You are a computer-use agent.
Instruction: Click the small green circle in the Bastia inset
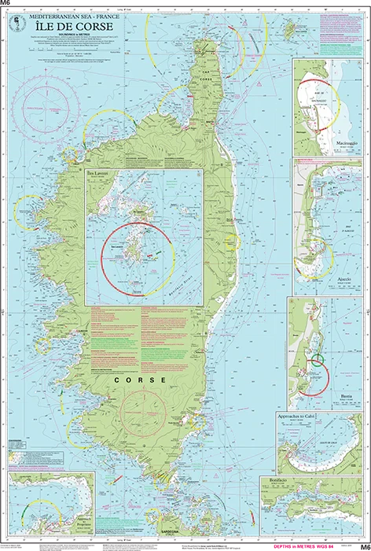pos(317,362)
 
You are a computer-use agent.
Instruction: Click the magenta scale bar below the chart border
pos(314,545)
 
